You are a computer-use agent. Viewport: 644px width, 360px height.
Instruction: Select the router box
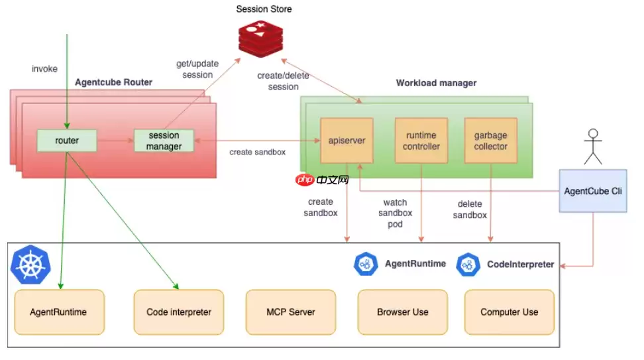click(67, 141)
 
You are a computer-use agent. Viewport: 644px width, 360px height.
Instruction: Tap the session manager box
click(164, 141)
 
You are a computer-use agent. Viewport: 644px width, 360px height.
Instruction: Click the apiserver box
click(347, 141)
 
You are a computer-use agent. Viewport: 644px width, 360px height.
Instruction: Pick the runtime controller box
click(421, 141)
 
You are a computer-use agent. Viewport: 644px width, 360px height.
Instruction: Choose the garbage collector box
click(490, 141)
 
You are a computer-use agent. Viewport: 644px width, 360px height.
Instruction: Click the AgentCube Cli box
click(593, 191)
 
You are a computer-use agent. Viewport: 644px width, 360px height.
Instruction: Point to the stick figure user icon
click(593, 147)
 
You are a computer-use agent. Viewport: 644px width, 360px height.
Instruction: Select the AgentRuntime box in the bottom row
click(59, 312)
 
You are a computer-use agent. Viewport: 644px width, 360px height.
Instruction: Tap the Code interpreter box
click(179, 312)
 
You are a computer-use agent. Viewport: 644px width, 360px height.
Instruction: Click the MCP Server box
click(291, 312)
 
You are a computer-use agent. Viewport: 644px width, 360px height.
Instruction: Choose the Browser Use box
click(402, 312)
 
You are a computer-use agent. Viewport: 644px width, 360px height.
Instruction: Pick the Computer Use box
click(509, 312)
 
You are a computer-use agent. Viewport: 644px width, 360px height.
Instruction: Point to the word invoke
click(44, 69)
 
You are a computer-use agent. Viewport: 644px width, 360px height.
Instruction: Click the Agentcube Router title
click(113, 82)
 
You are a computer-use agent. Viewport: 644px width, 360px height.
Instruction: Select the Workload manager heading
click(436, 83)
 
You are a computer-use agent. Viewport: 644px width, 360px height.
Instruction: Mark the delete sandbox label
click(470, 210)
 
